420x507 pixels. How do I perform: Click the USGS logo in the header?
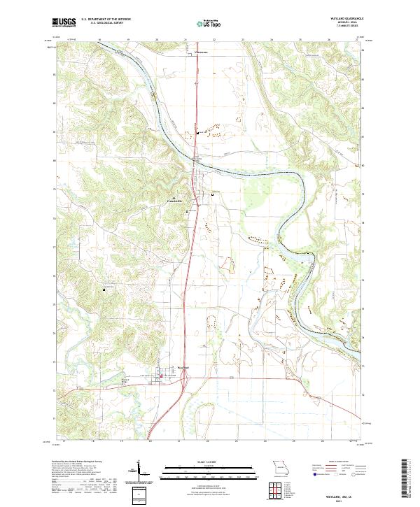[64, 22]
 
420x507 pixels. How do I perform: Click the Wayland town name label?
[183, 366]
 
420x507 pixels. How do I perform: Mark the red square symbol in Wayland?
[162, 376]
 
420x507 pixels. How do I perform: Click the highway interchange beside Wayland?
[183, 378]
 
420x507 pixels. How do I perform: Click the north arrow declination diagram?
[138, 473]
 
